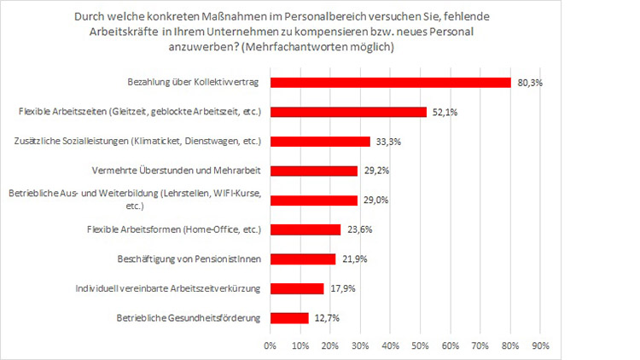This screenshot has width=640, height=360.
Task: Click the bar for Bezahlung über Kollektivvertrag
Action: (x=390, y=83)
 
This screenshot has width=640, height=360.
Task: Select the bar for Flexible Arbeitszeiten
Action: (x=348, y=112)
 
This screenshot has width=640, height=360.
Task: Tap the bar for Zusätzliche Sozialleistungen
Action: (x=320, y=142)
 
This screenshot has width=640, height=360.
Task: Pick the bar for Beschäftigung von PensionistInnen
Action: (x=303, y=258)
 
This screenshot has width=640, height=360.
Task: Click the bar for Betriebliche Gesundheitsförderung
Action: (x=289, y=317)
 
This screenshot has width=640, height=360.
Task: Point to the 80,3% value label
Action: (x=528, y=83)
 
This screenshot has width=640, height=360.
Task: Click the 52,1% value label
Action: (x=444, y=112)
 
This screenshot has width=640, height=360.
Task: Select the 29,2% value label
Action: (x=375, y=171)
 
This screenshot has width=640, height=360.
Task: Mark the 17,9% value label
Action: (x=340, y=288)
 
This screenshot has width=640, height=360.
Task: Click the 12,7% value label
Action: (x=325, y=317)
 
